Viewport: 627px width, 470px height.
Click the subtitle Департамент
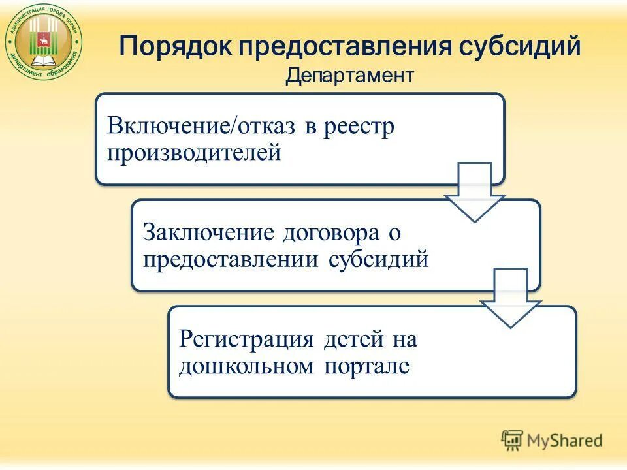[x=349, y=76]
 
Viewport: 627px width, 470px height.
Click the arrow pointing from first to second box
[x=475, y=191]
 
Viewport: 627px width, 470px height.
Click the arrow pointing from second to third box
[x=511, y=297]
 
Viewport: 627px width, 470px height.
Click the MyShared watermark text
[x=565, y=441]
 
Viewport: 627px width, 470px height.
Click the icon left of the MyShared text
[x=513, y=441]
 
